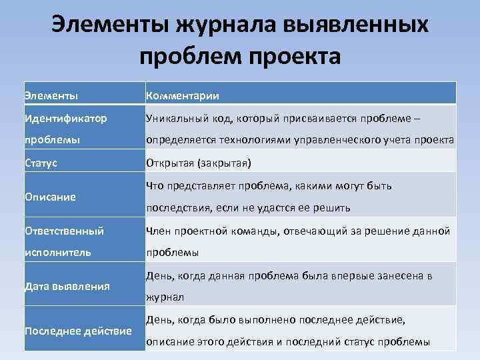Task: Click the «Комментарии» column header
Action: [x=183, y=95]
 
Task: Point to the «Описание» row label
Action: [x=50, y=197]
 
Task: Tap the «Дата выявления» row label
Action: [x=67, y=286]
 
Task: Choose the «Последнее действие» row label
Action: [x=78, y=331]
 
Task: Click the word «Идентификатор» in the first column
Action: [x=65, y=118]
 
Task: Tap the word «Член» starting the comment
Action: [x=159, y=231]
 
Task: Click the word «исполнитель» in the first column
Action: [x=58, y=253]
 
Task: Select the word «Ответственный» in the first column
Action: [x=64, y=231]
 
